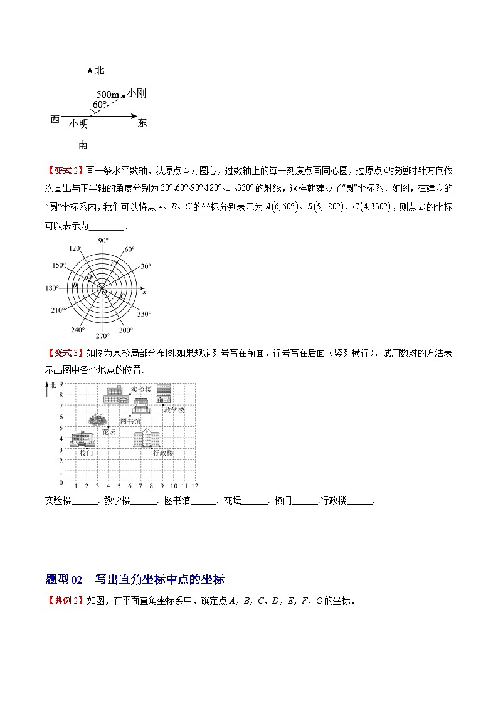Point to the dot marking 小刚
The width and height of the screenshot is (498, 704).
pyautogui.click(x=124, y=96)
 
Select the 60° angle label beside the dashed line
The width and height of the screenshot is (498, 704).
pyautogui.click(x=100, y=104)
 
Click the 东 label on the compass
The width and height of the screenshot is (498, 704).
pyautogui.click(x=142, y=123)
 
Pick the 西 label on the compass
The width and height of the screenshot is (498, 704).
pyautogui.click(x=55, y=119)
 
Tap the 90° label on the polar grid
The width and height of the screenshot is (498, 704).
pyautogui.click(x=103, y=240)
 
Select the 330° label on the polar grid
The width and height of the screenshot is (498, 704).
pyautogui.click(x=144, y=314)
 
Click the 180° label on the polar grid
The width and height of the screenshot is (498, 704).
pyautogui.click(x=51, y=288)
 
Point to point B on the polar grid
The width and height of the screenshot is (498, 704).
pyautogui.click(x=76, y=286)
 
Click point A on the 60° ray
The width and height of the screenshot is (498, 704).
pyautogui.click(x=114, y=263)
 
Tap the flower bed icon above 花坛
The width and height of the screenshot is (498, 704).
pyautogui.click(x=97, y=419)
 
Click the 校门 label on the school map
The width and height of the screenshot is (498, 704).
pyautogui.click(x=87, y=453)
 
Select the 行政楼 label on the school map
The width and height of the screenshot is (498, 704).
pyautogui.click(x=162, y=453)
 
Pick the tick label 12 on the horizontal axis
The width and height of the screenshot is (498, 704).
pyautogui.click(x=195, y=486)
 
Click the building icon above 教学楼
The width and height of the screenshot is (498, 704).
pyautogui.click(x=164, y=394)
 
